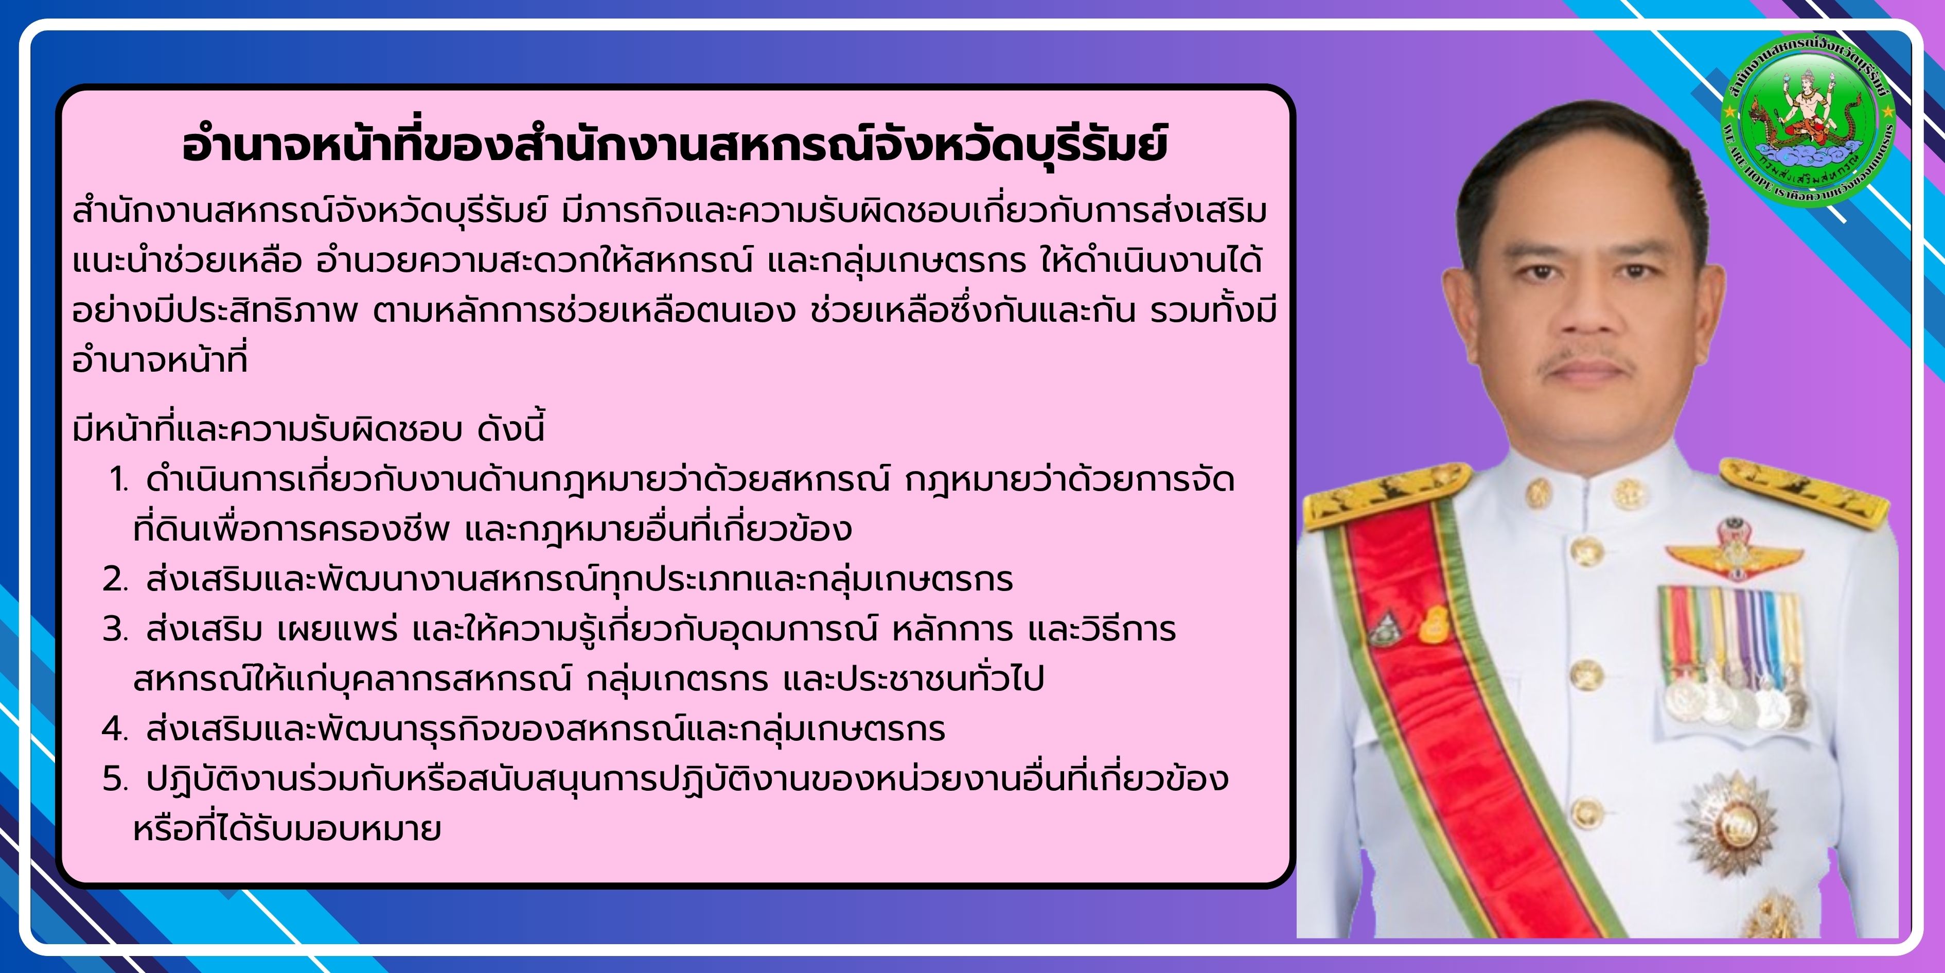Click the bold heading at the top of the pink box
tap(674, 145)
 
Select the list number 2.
tap(116, 579)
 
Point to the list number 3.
tap(116, 629)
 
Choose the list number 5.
tap(116, 779)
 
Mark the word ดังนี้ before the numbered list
tap(511, 429)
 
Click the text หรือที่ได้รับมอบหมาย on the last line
tap(287, 829)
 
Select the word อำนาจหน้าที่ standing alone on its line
tap(160, 359)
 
